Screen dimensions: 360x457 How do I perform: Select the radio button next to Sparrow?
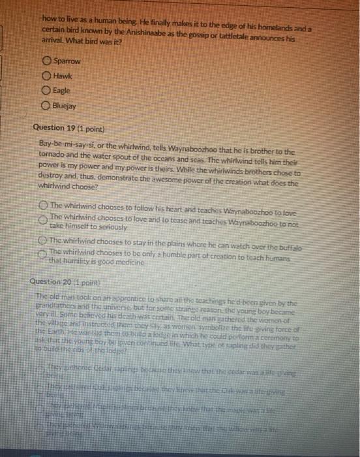click(46, 61)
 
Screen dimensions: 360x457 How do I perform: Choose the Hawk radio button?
click(46, 76)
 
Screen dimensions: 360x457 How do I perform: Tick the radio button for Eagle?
click(46, 91)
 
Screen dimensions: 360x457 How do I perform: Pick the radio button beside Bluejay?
click(46, 106)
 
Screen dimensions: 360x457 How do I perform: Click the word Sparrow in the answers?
click(67, 61)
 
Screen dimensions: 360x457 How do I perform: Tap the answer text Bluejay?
click(65, 106)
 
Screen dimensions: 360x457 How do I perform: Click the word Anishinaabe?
click(155, 30)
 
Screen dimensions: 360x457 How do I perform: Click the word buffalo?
click(286, 240)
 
